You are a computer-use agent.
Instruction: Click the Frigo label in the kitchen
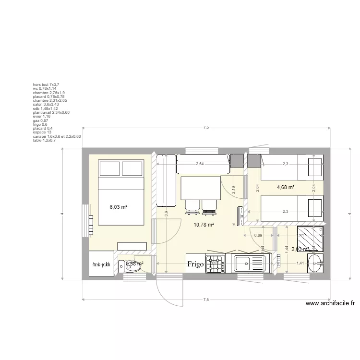pyautogui.click(x=195, y=264)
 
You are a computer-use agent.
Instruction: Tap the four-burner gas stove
pyautogui.click(x=215, y=264)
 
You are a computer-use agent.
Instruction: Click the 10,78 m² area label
pyautogui.click(x=204, y=224)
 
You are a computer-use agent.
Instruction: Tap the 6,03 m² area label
pyautogui.click(x=118, y=207)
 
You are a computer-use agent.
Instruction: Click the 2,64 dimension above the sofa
pyautogui.click(x=200, y=164)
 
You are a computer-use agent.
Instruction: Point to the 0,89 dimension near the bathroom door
pyautogui.click(x=258, y=235)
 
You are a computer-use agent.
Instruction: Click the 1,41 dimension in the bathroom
pyautogui.click(x=300, y=263)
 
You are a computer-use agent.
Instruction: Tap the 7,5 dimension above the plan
pyautogui.click(x=206, y=127)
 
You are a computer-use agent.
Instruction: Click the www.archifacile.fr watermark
pyautogui.click(x=329, y=303)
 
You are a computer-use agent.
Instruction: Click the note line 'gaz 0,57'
pyautogui.click(x=40, y=120)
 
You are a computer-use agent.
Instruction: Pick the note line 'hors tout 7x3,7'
pyautogui.click(x=46, y=84)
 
